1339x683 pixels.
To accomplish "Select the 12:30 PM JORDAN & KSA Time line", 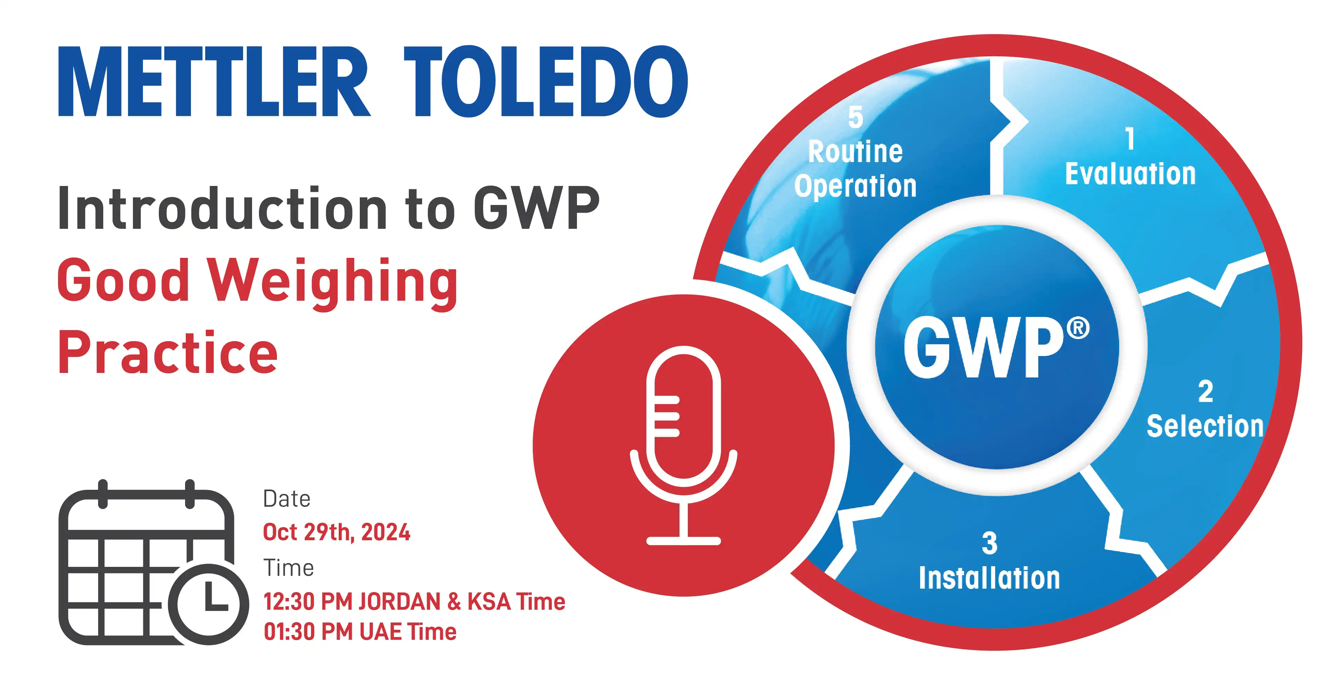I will (x=414, y=602).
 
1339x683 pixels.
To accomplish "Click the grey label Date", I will (x=286, y=499).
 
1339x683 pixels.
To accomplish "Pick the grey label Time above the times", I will (x=289, y=568).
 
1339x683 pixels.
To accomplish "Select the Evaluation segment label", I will (x=1130, y=174).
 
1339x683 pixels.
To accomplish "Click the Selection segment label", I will (x=1205, y=427).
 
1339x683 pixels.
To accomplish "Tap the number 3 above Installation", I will (x=990, y=543).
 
